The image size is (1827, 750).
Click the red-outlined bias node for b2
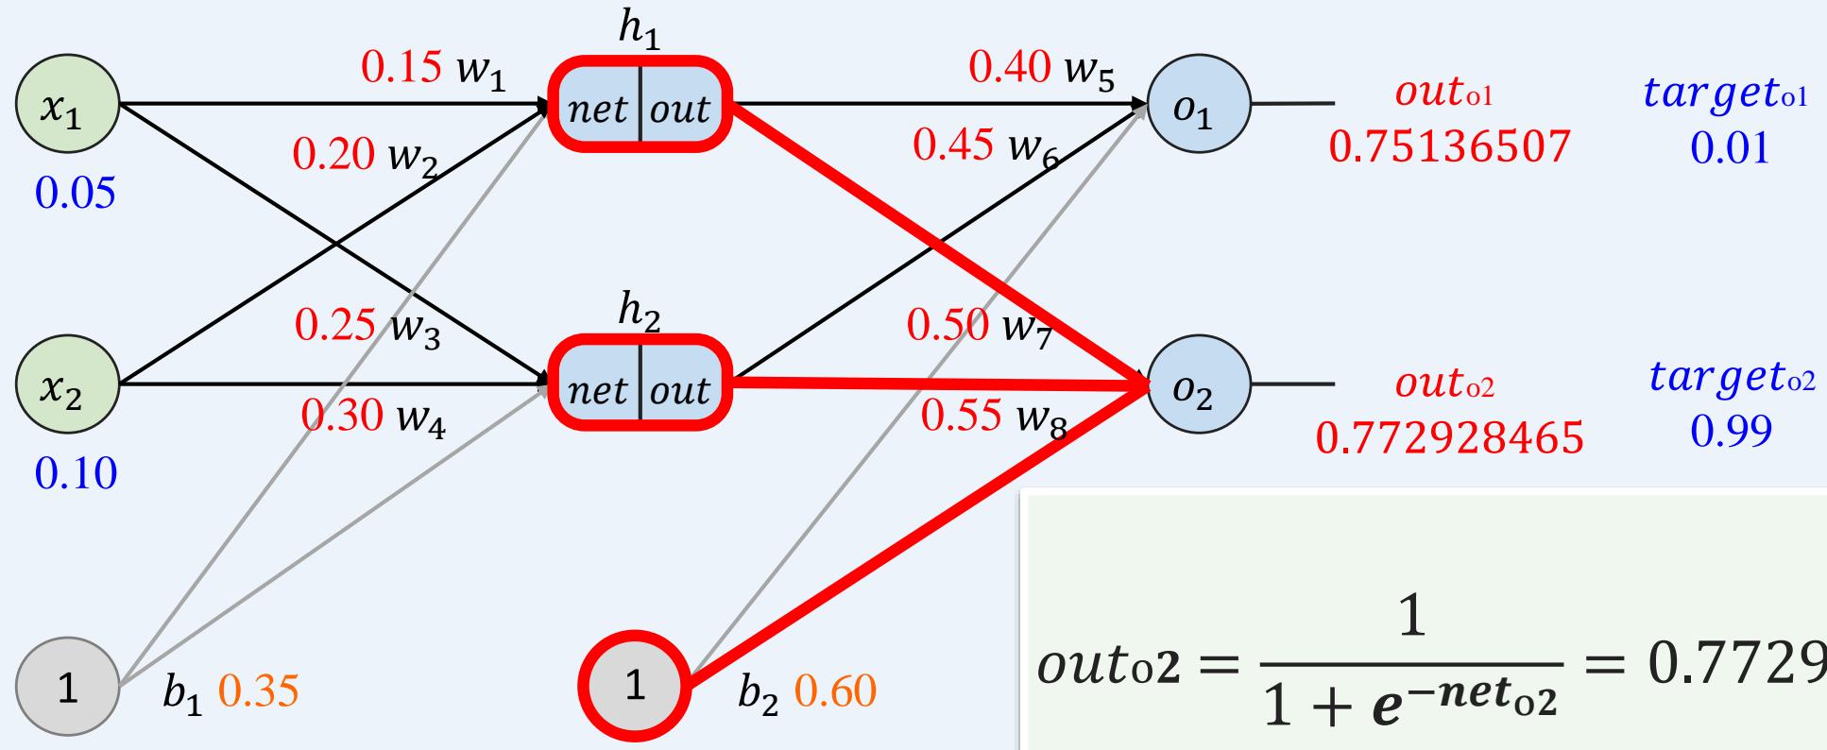pyautogui.click(x=635, y=688)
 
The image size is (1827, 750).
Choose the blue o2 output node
pyautogui.click(x=1198, y=386)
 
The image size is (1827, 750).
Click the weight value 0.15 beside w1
pyautogui.click(x=401, y=66)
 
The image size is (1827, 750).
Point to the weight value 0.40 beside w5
pyautogui.click(x=1009, y=66)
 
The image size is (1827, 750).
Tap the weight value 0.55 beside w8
pyautogui.click(x=961, y=416)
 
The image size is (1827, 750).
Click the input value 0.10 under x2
pyautogui.click(x=76, y=472)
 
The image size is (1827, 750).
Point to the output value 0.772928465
pyautogui.click(x=1449, y=437)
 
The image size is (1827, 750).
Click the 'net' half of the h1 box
pyautogui.click(x=598, y=109)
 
